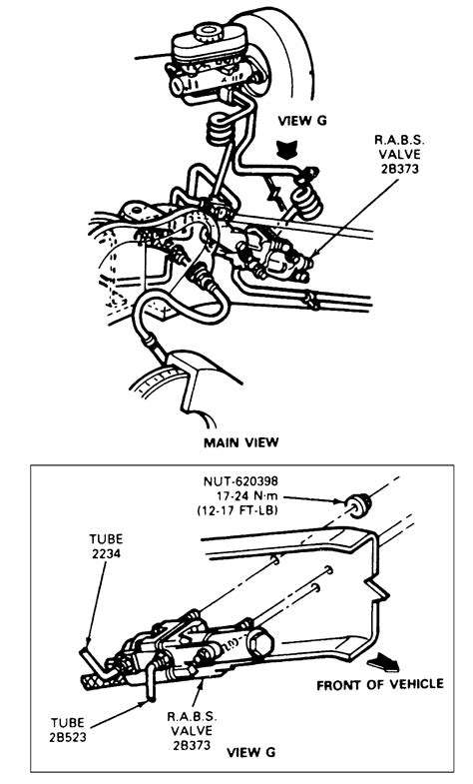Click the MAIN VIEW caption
[x=240, y=442]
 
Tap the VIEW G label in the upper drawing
[x=301, y=121]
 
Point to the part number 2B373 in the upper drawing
[x=399, y=169]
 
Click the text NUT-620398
[x=240, y=481]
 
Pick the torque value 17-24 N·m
[x=244, y=496]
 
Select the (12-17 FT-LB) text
[x=237, y=511]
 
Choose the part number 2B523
[x=68, y=737]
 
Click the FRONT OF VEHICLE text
[x=380, y=684]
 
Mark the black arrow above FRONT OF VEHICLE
[x=383, y=661]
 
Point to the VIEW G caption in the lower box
[x=250, y=752]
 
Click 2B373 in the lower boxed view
[x=192, y=745]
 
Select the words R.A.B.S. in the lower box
[x=192, y=716]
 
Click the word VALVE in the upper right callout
[x=399, y=154]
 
